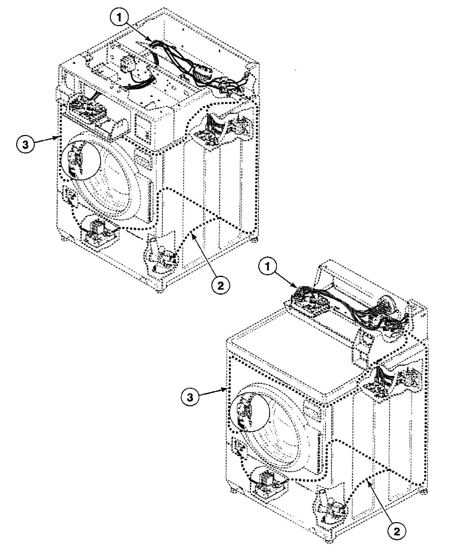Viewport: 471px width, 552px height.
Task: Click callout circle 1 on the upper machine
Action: (119, 18)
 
